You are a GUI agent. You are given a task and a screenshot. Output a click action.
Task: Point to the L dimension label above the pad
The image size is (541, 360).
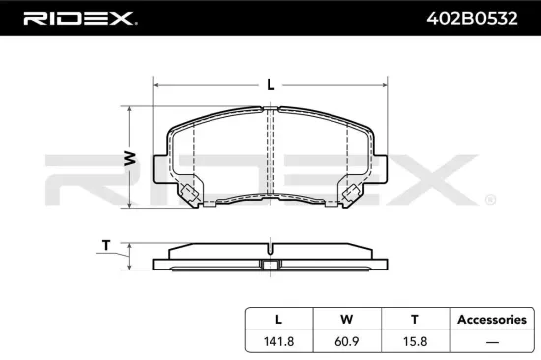click(270, 85)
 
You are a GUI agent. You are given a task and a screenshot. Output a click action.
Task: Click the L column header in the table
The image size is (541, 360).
click(278, 319)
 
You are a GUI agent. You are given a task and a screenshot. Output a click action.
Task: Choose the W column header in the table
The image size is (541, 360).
click(346, 319)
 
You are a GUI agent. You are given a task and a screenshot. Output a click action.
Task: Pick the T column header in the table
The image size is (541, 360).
click(414, 319)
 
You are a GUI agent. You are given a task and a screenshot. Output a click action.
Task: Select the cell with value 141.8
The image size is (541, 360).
click(278, 340)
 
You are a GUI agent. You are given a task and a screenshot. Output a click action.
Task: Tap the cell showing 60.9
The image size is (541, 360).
click(346, 340)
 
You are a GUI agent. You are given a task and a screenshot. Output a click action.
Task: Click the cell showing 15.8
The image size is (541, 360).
click(414, 340)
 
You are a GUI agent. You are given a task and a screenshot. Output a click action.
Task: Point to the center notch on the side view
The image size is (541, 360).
click(270, 263)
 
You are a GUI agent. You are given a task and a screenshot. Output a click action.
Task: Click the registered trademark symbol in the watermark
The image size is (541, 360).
click(490, 200)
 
